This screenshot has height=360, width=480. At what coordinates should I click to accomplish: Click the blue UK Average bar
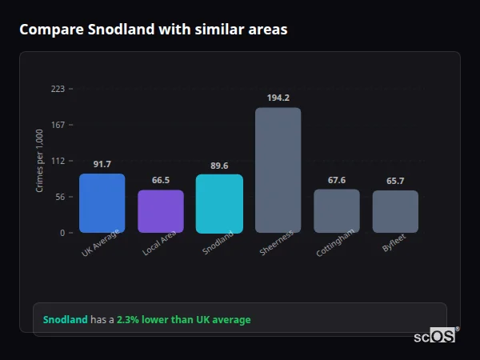[x=102, y=203]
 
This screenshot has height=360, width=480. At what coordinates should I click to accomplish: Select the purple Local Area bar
[x=161, y=211]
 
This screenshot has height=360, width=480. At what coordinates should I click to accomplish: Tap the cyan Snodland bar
[x=219, y=204]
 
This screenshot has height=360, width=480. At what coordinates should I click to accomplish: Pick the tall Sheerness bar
[x=278, y=170]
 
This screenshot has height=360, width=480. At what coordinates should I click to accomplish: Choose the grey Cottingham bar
[x=336, y=211]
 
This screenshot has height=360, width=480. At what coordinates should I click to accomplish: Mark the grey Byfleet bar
[x=395, y=211]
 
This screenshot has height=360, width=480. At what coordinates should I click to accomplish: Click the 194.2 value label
[x=278, y=98]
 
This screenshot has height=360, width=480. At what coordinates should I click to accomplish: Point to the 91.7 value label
[x=102, y=164]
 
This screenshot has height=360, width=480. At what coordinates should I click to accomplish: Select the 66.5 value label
[x=161, y=180]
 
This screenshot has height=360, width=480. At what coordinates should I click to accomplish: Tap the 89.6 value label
[x=219, y=166]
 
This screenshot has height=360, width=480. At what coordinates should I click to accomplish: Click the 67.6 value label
[x=336, y=180]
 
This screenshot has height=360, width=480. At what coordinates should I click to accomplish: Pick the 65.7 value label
[x=395, y=181]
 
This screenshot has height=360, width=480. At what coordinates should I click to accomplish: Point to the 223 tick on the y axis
[x=58, y=89]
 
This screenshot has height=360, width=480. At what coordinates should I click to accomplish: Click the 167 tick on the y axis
[x=58, y=125]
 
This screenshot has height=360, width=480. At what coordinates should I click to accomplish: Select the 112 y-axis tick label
[x=58, y=161]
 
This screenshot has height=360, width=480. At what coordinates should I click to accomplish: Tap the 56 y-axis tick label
[x=60, y=197]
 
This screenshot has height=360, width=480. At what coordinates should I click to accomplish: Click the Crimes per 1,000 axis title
[x=39, y=161]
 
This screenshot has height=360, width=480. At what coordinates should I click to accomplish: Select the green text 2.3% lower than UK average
[x=183, y=319]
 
